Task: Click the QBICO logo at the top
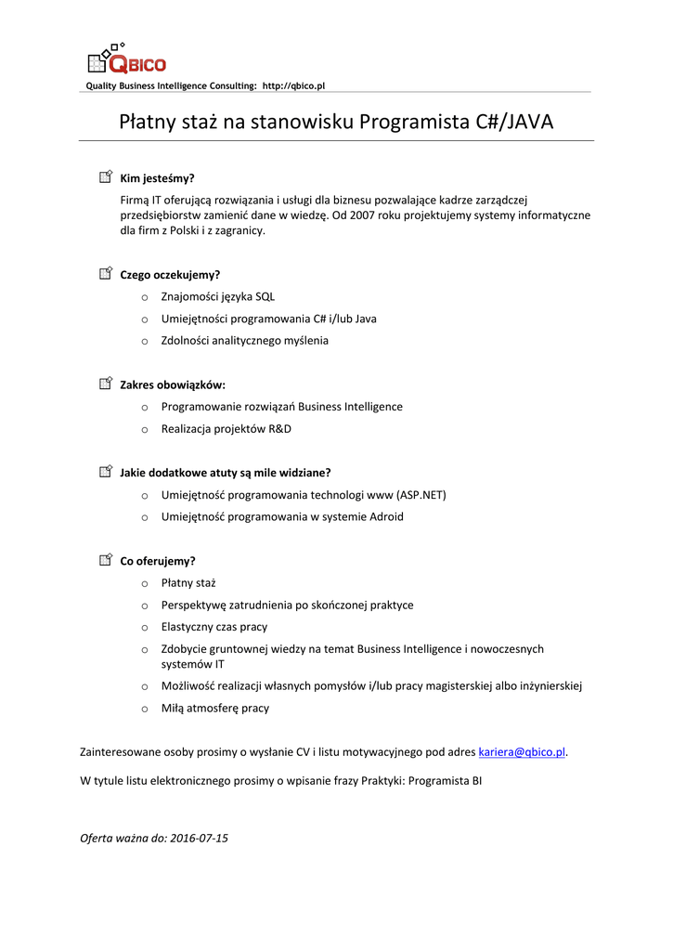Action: (126, 59)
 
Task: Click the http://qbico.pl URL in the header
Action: (293, 85)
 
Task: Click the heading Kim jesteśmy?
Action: (157, 178)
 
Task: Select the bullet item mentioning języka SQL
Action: (218, 296)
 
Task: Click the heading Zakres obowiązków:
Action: (173, 384)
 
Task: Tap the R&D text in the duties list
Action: (279, 428)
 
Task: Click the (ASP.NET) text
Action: (421, 494)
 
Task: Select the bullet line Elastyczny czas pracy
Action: (214, 626)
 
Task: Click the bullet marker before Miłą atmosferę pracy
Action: (145, 709)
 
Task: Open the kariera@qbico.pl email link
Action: (522, 751)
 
